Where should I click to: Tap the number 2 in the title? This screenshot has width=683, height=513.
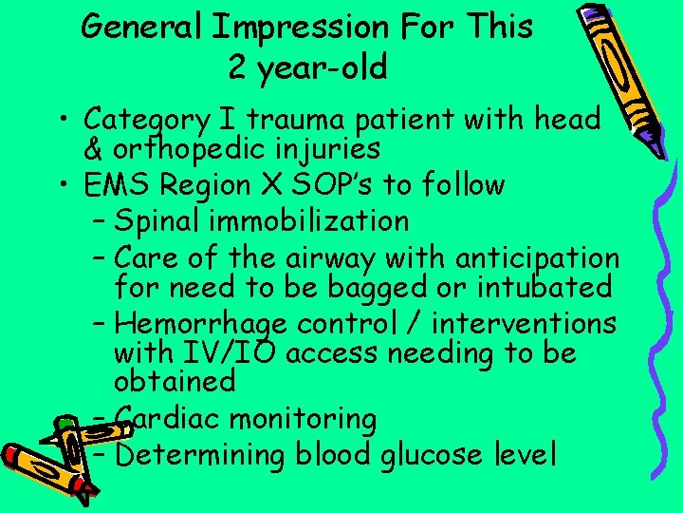click(x=237, y=67)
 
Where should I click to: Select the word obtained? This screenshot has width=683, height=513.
click(x=174, y=381)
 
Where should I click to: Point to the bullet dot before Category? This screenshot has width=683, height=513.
click(x=66, y=121)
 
